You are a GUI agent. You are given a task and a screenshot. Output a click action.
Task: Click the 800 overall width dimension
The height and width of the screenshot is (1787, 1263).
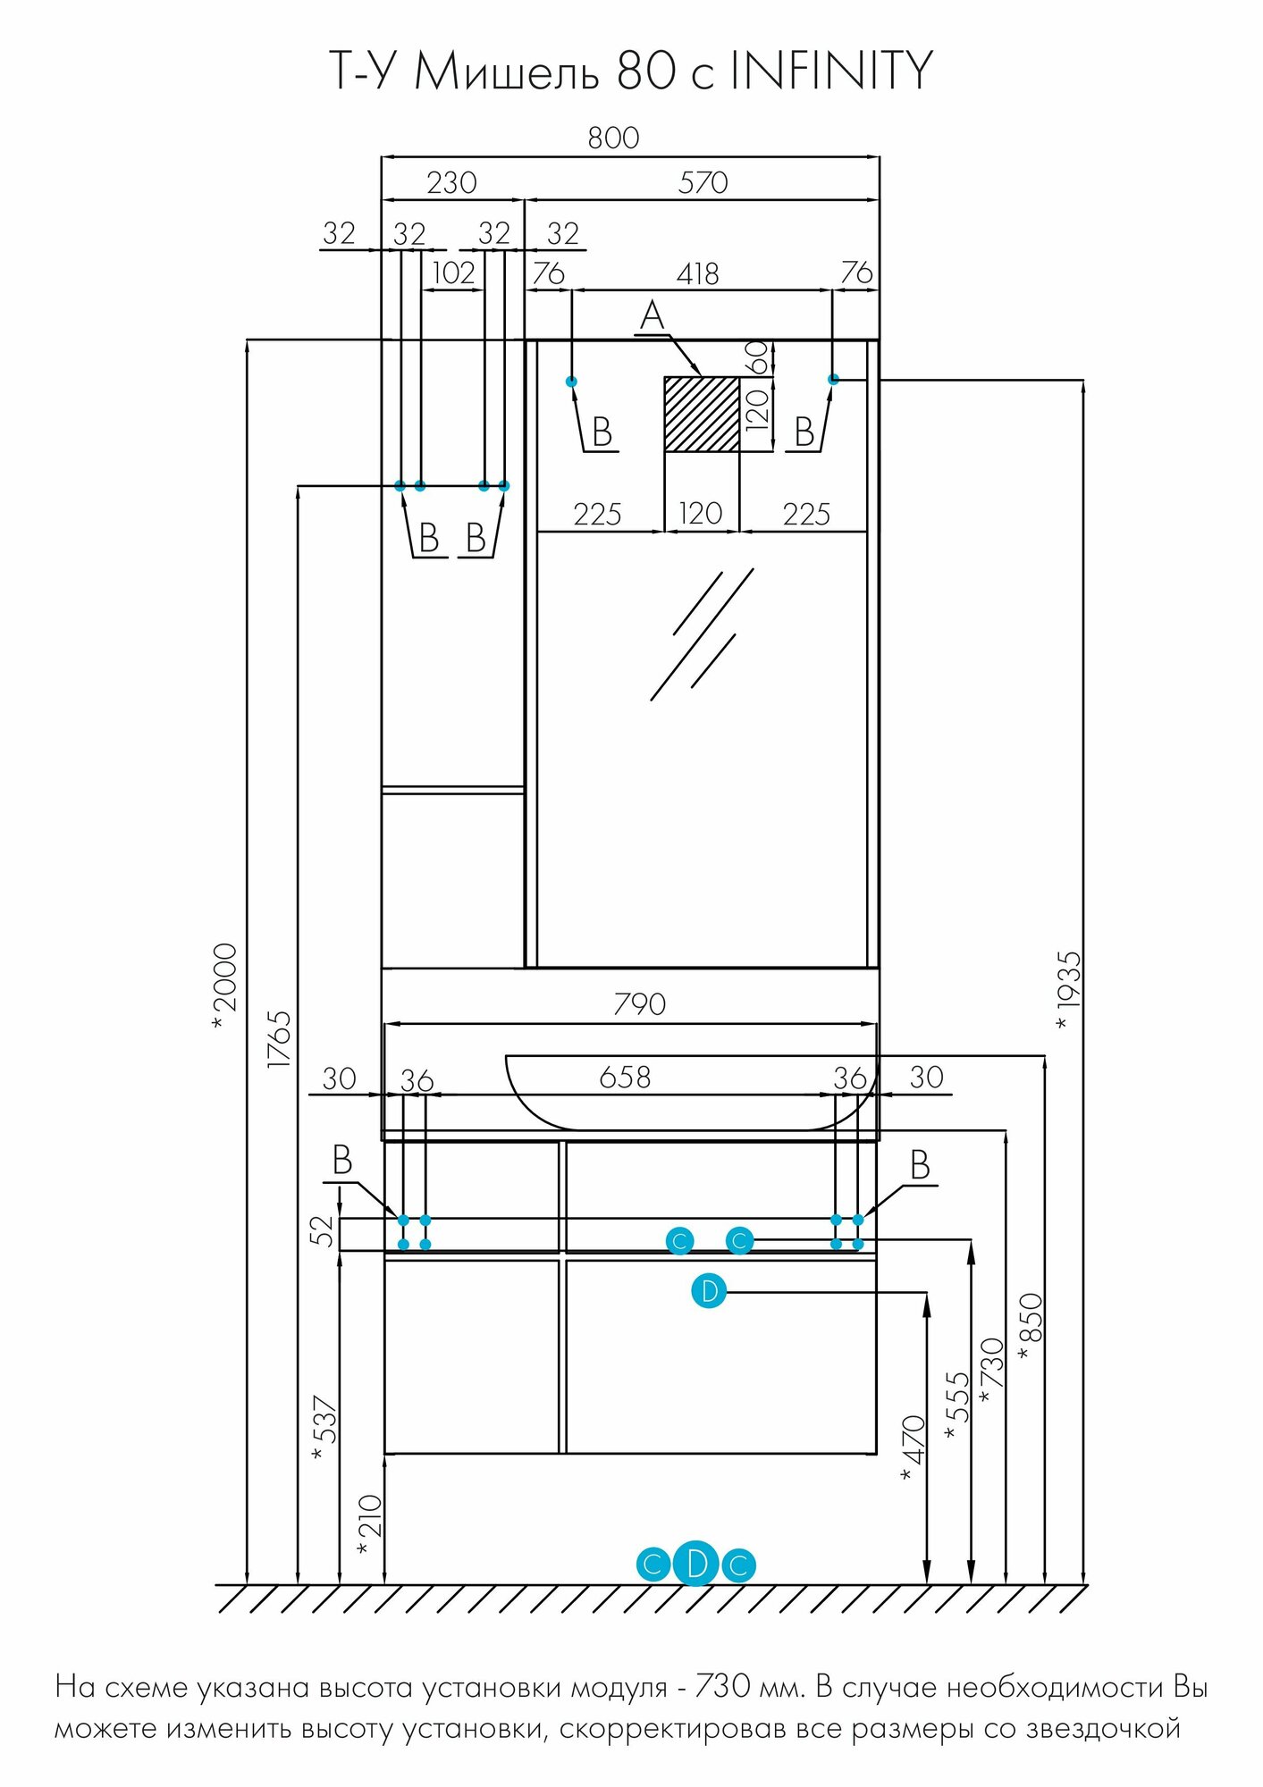tap(613, 138)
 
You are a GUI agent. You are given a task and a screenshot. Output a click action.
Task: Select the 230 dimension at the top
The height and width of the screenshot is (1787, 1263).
tap(451, 182)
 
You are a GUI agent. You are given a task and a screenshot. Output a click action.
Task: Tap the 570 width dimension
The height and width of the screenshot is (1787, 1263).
tap(703, 182)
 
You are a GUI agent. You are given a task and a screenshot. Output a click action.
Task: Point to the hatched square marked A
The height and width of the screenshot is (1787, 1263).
tap(702, 414)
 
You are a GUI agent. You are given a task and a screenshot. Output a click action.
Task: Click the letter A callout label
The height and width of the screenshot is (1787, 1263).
tap(653, 316)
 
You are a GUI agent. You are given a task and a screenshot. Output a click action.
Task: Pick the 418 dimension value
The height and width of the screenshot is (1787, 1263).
tap(697, 273)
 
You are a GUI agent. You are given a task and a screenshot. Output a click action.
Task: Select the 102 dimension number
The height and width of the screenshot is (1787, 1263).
tap(453, 273)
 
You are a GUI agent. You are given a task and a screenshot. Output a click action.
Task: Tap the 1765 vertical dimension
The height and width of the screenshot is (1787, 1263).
tap(279, 1038)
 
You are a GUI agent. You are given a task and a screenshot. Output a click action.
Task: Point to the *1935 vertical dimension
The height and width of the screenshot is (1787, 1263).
tap(1068, 988)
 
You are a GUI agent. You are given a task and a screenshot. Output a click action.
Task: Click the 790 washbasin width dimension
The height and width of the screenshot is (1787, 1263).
tap(639, 1004)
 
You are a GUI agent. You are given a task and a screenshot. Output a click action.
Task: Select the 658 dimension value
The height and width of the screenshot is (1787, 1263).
tap(625, 1077)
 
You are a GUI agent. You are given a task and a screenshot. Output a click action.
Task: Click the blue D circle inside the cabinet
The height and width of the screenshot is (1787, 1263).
tap(709, 1291)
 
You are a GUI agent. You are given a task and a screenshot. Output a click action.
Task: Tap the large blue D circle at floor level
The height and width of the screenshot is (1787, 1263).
tap(695, 1564)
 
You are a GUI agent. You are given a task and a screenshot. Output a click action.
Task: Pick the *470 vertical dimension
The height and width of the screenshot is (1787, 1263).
tap(913, 1447)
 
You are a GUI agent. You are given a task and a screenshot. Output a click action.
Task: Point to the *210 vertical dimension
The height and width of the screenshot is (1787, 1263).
tap(368, 1524)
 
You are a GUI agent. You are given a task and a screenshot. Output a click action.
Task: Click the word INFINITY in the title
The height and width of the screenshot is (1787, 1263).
tap(831, 71)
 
